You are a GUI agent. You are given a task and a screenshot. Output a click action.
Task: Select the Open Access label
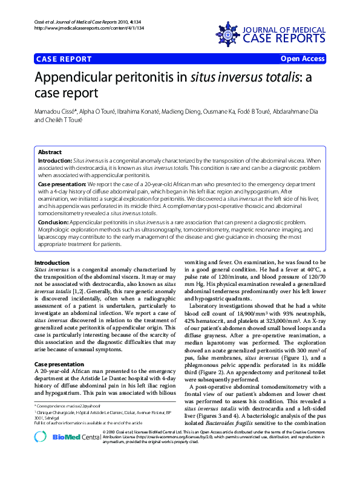point(303,59)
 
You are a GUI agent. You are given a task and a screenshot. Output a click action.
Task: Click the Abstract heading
point(50,152)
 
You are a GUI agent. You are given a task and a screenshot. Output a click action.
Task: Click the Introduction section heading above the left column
point(52,262)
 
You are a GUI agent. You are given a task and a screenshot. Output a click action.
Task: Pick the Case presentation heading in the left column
point(59,365)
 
